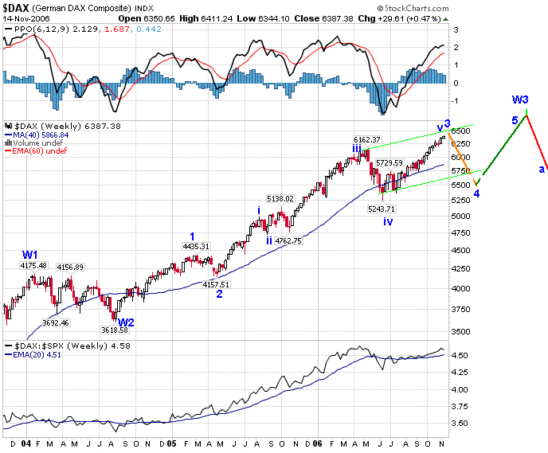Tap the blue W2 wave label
(126, 322)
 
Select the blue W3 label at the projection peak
(520, 100)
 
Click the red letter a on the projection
(542, 169)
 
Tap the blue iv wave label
(388, 221)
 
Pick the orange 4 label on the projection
(476, 193)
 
